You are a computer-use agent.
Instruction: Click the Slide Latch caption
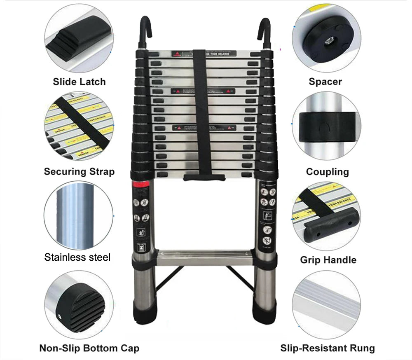coord(79,82)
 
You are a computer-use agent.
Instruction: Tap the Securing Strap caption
coord(79,171)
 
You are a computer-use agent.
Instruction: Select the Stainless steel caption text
coord(77,257)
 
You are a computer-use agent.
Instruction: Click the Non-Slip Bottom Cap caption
coord(89,348)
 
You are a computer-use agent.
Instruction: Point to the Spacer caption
coord(325,82)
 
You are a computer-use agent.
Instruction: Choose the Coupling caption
coord(327,171)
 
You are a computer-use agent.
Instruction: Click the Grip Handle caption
coord(328,260)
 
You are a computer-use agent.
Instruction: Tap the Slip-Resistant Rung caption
coord(328,348)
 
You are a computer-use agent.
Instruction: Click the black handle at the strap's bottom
coord(204,177)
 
